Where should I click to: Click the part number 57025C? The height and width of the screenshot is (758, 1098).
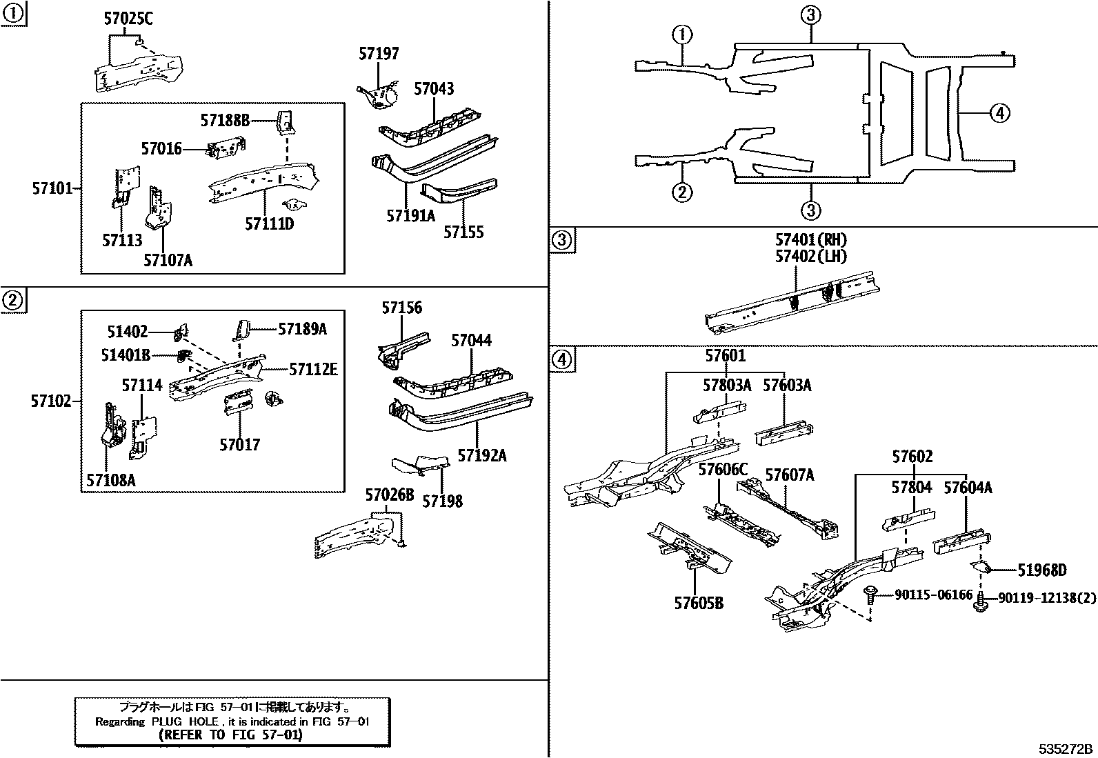point(128,19)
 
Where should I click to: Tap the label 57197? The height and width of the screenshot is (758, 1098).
point(379,54)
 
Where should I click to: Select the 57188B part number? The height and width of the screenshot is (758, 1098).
point(225,121)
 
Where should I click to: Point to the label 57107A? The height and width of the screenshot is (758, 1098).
point(168,260)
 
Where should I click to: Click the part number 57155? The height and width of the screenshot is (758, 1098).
point(463,232)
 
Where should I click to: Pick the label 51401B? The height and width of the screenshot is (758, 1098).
point(126,355)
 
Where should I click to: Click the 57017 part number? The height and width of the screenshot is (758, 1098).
point(240,445)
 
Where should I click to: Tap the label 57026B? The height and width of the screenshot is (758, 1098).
point(390,495)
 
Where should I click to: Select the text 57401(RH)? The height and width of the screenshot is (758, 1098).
point(810,240)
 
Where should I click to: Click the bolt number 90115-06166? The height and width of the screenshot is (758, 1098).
point(933,595)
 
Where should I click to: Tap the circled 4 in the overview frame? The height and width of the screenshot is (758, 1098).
point(999,112)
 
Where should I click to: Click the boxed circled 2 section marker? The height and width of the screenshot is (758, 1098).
point(12,300)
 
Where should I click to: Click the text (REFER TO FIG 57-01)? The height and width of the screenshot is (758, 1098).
point(230,735)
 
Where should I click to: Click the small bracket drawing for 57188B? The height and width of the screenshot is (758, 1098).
point(285,122)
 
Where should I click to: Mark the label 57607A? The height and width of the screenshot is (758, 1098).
point(790,475)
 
